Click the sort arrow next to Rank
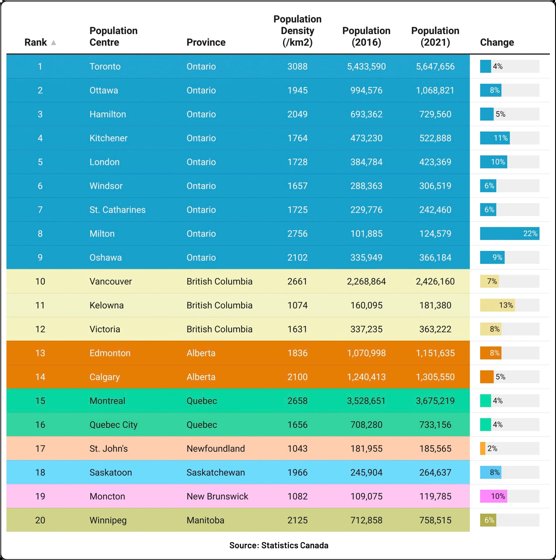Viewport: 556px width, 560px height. click(53, 42)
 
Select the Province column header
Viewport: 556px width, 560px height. click(206, 42)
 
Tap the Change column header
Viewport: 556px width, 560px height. click(497, 42)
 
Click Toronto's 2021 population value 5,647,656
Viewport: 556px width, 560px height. click(435, 66)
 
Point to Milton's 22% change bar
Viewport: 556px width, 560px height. click(509, 233)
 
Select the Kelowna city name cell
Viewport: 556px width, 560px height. click(107, 305)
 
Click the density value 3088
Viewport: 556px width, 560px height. click(297, 66)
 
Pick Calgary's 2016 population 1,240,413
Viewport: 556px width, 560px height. click(366, 377)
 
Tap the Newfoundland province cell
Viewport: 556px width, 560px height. click(215, 448)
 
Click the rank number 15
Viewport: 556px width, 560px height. click(40, 401)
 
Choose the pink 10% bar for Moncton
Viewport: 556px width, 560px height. click(494, 496)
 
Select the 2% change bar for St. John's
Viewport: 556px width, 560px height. click(483, 448)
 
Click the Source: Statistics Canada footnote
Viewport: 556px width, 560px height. click(279, 545)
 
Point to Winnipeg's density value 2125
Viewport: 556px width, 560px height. click(297, 520)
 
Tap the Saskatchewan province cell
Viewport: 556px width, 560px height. click(215, 472)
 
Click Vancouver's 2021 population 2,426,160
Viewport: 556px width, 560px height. click(435, 281)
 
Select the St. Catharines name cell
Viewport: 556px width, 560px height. click(117, 210)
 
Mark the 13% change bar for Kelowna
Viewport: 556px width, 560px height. click(497, 305)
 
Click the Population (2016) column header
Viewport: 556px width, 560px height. click(366, 36)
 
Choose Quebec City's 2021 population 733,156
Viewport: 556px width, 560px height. click(435, 425)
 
